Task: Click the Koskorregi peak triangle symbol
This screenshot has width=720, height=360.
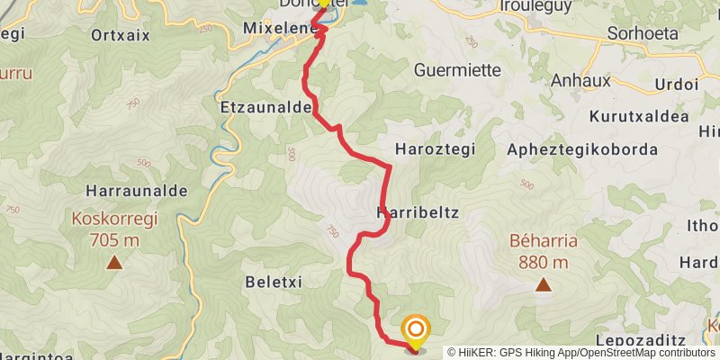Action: (114, 262)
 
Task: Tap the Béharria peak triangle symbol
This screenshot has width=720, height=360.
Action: (544, 285)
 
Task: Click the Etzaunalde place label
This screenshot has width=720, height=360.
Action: (265, 106)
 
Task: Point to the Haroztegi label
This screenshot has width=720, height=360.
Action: (435, 148)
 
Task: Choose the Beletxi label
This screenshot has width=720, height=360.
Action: (273, 282)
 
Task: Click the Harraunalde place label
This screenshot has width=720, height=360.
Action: (137, 191)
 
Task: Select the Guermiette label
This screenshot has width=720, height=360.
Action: (455, 69)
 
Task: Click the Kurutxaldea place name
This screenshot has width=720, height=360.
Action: (639, 116)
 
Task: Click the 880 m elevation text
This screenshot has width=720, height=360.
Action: (544, 263)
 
